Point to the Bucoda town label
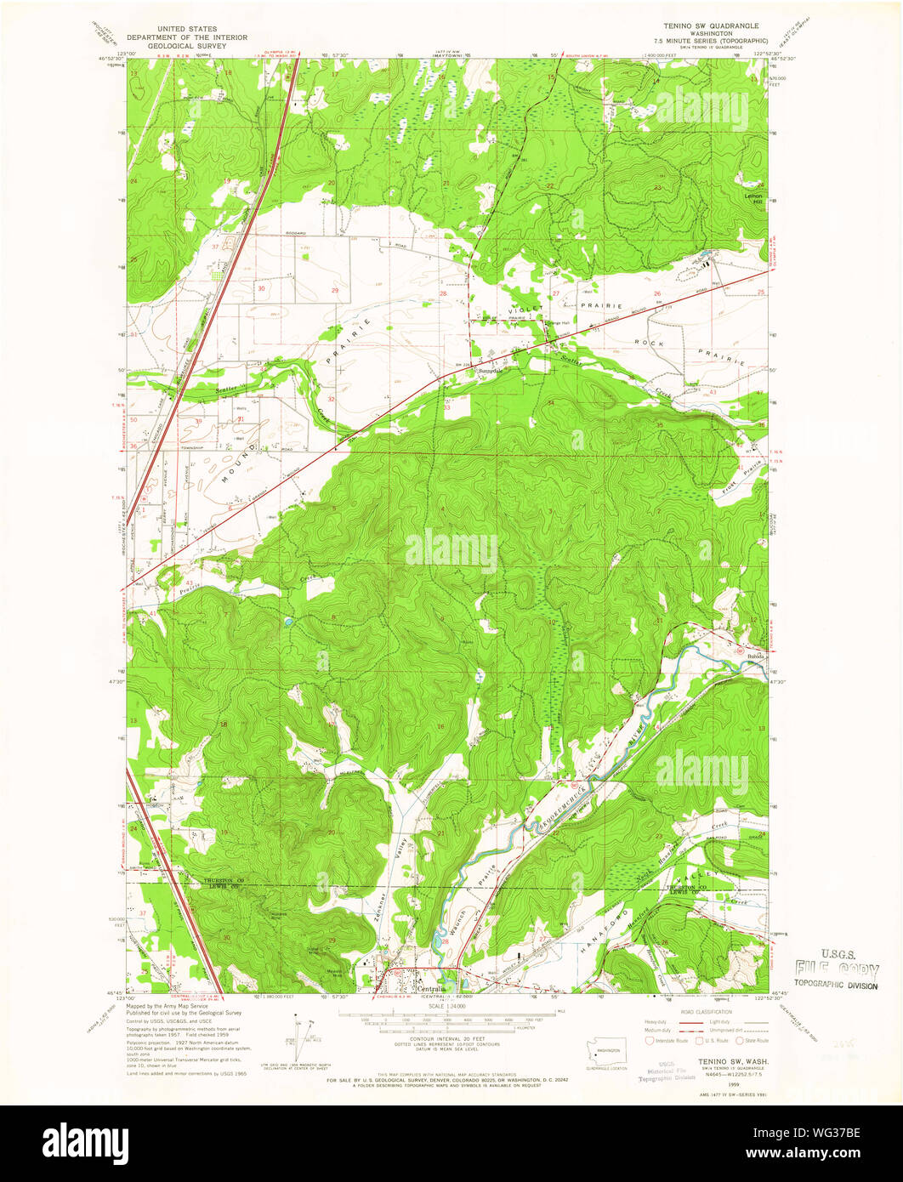click(757, 656)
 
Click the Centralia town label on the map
click(433, 989)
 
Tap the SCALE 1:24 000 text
click(451, 1007)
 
